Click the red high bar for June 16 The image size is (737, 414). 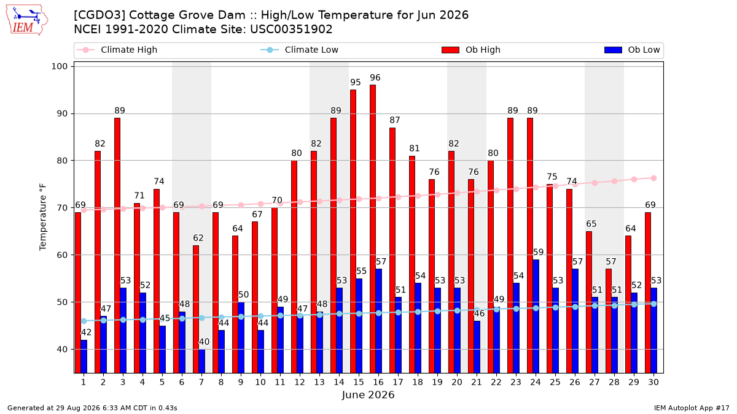click(373, 229)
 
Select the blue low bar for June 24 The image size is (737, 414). click(536, 316)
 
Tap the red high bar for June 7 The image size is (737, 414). click(196, 309)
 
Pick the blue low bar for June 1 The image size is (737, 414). click(84, 356)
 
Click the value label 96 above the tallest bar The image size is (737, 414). click(375, 77)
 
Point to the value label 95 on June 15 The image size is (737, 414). click(356, 82)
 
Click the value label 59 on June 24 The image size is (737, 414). click(538, 252)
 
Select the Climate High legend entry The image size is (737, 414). click(117, 50)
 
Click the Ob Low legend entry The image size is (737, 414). click(632, 50)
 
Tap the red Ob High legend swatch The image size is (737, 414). click(450, 50)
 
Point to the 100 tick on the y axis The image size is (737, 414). click(59, 66)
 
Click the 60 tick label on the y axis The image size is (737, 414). click(62, 255)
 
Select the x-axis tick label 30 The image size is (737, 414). click(653, 382)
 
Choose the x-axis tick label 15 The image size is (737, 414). click(359, 382)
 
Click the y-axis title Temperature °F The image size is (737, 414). click(43, 217)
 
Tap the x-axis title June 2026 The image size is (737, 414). click(368, 394)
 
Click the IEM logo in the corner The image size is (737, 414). click(27, 20)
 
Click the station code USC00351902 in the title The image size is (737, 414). click(291, 29)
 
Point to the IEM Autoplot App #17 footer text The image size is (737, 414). click(692, 408)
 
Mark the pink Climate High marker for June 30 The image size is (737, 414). click(653, 178)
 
